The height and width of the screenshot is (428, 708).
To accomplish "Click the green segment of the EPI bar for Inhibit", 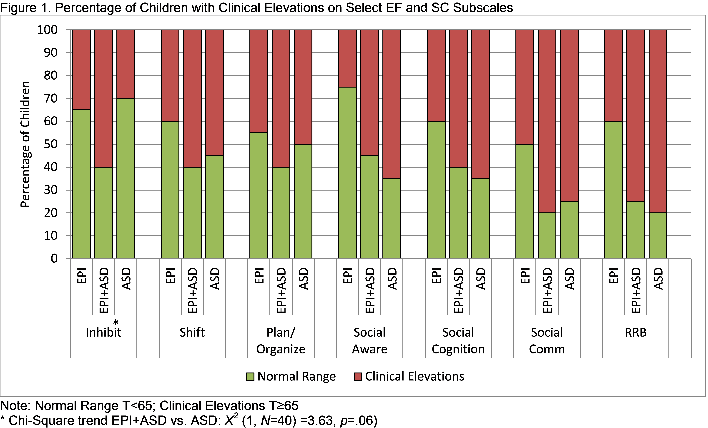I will pyautogui.click(x=81, y=184).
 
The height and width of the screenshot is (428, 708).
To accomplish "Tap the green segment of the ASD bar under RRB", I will pyautogui.click(x=658, y=236).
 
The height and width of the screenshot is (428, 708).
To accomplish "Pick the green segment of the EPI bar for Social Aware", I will pyautogui.click(x=347, y=172).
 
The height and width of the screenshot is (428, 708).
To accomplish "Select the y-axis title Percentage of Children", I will pyautogui.click(x=25, y=144).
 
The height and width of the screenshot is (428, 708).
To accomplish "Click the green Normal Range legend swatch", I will pyautogui.click(x=250, y=377).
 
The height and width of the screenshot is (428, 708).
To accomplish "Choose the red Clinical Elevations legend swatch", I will pyautogui.click(x=358, y=377).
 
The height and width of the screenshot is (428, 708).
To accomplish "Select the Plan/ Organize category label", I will pyautogui.click(x=281, y=341).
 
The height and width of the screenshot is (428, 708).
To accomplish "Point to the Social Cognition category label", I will pyautogui.click(x=458, y=341).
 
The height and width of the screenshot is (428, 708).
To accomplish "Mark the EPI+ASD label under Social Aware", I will pyautogui.click(x=370, y=290).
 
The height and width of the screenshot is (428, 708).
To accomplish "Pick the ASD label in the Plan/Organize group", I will pyautogui.click(x=303, y=279).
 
